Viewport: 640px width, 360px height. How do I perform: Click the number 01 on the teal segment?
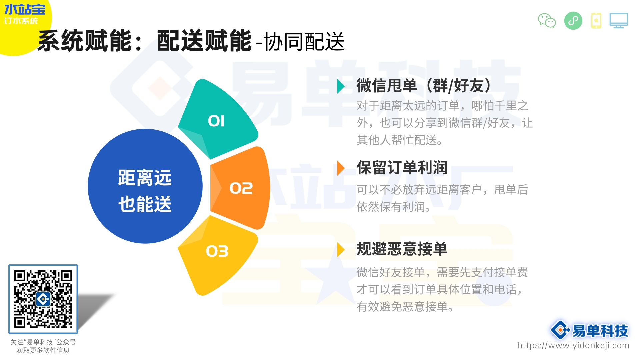pos(216,121)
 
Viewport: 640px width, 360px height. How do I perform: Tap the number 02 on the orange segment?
pos(241,188)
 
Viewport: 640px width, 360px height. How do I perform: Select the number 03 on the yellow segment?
pos(217,251)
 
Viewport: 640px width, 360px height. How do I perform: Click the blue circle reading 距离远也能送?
pos(145,187)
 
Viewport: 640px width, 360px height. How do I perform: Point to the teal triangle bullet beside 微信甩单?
pos(340,86)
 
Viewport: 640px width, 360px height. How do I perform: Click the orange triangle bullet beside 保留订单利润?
pos(340,168)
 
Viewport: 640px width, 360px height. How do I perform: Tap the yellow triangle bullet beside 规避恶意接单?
pos(340,250)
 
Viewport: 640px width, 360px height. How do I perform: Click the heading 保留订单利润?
pos(402,168)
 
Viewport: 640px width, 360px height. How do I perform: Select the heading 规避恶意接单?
pos(402,249)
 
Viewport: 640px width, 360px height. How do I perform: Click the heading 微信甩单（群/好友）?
pos(423,86)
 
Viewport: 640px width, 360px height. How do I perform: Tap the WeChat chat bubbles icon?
pos(547,21)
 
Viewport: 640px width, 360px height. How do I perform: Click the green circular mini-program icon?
pos(573,21)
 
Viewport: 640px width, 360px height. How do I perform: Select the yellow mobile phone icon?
pos(596,21)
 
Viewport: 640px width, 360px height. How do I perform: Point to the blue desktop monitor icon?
pos(618,21)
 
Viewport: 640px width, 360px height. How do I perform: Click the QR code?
pos(43,299)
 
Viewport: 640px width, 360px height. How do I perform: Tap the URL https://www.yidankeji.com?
pos(573,345)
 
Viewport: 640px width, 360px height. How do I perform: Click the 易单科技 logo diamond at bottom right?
pos(560,330)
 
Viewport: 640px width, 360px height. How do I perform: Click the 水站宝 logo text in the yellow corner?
pos(25,9)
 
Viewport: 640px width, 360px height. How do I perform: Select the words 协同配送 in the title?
pos(304,42)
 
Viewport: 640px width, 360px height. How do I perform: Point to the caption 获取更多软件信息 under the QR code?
pos(43,350)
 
